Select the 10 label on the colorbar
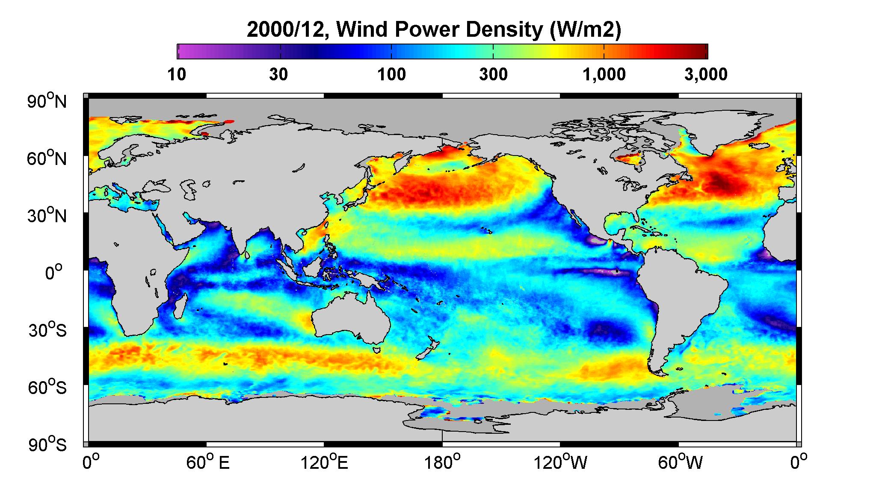177,75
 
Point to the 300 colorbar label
493,75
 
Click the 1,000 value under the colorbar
604,75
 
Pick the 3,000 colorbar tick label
706,75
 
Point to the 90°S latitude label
47,444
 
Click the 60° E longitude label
208,463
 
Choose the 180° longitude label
442,463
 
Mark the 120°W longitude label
560,463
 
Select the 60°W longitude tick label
680,463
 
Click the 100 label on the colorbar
391,75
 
